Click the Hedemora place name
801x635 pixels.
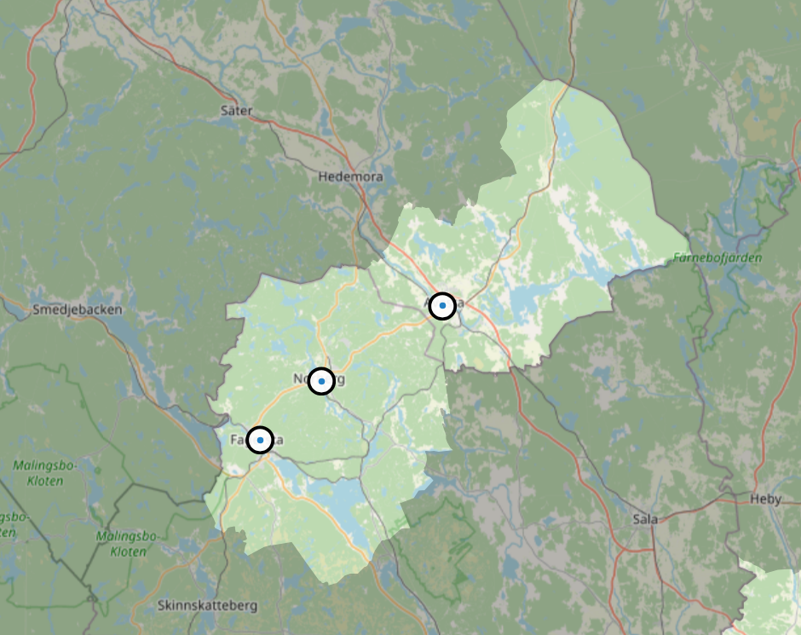[x=350, y=177]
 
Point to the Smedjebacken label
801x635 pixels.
[x=77, y=309]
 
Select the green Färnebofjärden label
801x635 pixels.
[x=717, y=257]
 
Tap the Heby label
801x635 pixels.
[x=764, y=499]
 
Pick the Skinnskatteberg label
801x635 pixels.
[x=207, y=605]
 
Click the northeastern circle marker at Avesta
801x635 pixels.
[x=442, y=305]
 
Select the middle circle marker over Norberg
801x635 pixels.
[x=321, y=381]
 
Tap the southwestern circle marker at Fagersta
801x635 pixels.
[x=260, y=440]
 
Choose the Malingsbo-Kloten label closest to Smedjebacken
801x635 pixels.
[x=37, y=473]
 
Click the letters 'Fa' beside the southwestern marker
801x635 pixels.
[x=237, y=440]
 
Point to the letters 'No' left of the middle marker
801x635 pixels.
[x=301, y=379]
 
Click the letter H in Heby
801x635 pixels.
[x=753, y=499]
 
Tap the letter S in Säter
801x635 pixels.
[x=224, y=111]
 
